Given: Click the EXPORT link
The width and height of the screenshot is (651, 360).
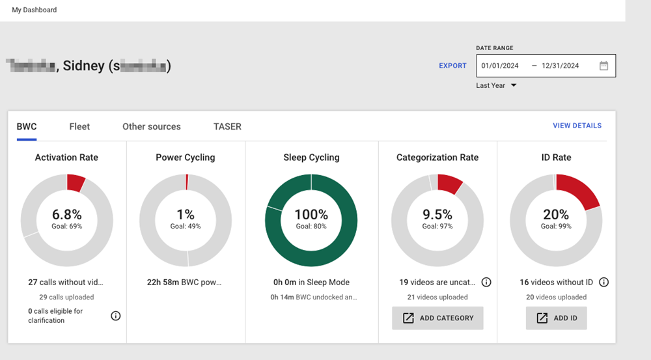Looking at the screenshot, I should point(452,66).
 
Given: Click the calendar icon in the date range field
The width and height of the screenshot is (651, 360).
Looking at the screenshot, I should point(603,66).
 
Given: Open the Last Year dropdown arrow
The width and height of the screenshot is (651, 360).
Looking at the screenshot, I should point(514,85).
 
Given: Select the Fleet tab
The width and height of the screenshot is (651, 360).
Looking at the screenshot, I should point(79,127).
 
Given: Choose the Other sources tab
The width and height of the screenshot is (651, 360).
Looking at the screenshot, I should point(152,127).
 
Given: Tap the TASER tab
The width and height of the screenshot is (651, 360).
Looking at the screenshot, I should point(227,127).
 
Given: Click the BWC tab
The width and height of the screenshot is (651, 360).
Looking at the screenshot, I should point(27,127).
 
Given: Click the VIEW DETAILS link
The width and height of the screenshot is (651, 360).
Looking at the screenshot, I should point(577,126).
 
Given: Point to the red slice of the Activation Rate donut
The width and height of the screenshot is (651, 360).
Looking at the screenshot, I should point(76,183).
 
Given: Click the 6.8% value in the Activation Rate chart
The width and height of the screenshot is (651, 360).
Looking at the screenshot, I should point(67,214).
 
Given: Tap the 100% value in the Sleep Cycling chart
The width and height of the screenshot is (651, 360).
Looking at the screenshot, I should point(311,214).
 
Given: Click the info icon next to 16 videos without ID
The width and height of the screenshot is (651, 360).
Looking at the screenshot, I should point(603,283).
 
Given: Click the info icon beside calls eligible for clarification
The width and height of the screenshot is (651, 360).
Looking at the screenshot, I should point(116,316).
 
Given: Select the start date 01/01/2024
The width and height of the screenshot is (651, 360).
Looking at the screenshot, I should point(499,66).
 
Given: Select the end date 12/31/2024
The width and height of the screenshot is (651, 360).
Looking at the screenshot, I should point(560,66).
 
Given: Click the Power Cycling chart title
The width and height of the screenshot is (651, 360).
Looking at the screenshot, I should point(186,158).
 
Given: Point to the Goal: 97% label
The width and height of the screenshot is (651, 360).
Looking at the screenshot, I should point(437,227).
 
